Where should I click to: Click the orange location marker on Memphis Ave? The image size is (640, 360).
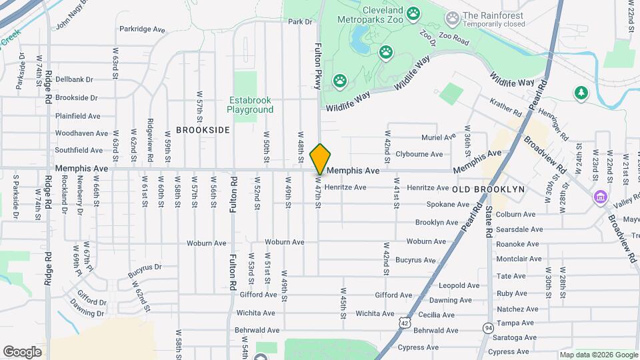(x=320, y=159)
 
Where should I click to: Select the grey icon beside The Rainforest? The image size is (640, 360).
(x=453, y=16)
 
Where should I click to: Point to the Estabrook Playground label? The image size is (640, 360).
(x=250, y=105)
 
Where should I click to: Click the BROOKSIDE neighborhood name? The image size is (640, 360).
(x=203, y=130)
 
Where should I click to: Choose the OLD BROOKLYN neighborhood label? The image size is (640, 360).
(x=489, y=189)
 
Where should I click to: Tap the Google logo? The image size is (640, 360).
(x=22, y=351)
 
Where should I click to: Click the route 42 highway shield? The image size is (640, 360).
(x=405, y=322)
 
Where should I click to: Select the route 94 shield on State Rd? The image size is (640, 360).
(x=489, y=328)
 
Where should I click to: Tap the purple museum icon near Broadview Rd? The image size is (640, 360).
(x=601, y=197)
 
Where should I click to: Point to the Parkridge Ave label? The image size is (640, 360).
(x=142, y=29)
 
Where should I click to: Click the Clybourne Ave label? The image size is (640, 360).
(x=419, y=154)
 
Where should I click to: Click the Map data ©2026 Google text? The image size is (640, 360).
(x=597, y=355)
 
